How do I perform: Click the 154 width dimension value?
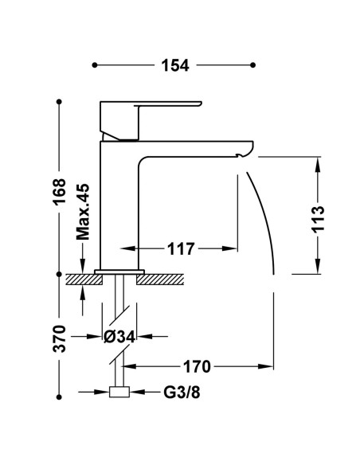pos(175,65)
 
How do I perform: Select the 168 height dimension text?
pos(59,191)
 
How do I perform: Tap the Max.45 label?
pos(83,212)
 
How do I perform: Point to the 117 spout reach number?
pos(181,248)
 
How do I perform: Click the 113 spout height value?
pos(319,219)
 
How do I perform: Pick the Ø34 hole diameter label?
pos(119,336)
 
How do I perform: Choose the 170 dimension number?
pos(197,367)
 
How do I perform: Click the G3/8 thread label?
pos(182,393)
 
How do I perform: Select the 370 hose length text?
pos(59,338)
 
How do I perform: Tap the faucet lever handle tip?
pos(201,104)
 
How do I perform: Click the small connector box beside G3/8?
pos(119,392)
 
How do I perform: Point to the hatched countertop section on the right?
pos(160,279)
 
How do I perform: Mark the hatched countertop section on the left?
pos(84,279)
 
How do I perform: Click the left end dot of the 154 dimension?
pos(95,65)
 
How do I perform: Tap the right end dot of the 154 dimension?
pos(253,65)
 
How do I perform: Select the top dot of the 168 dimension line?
pos(59,102)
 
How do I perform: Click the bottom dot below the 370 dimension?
pos(59,397)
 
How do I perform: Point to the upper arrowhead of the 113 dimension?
pos(318,165)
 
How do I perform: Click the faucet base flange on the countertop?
pos(119,272)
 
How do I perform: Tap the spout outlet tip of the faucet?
pos(238,155)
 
